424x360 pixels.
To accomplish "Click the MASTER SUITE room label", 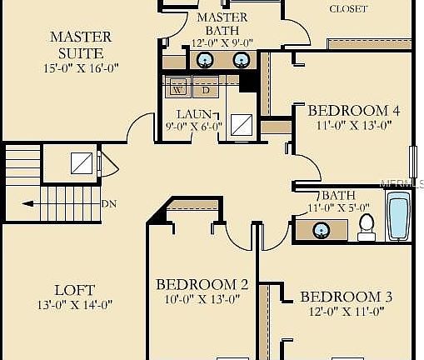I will click(x=81, y=45).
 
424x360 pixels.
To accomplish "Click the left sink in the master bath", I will click(x=204, y=59).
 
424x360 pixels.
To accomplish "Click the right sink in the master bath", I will click(x=241, y=59).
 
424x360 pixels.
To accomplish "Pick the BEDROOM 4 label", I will click(x=347, y=110).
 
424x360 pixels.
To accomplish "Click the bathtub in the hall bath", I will click(x=398, y=217).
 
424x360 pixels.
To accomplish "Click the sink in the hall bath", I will click(x=319, y=230).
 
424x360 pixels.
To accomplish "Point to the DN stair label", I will click(x=108, y=203).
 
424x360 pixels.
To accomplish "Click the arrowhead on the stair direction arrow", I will click(x=27, y=202).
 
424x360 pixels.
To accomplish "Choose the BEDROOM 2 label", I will click(x=202, y=285).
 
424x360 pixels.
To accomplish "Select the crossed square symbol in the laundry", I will click(x=242, y=124).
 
